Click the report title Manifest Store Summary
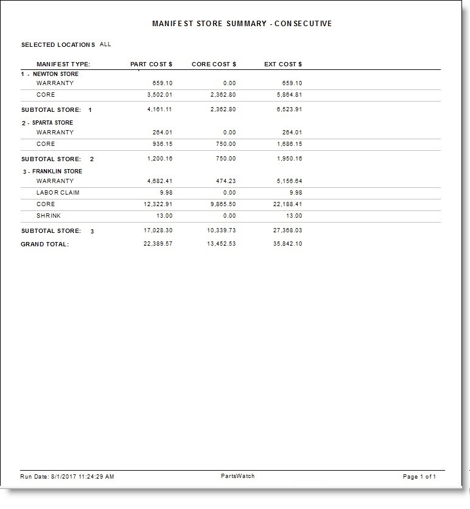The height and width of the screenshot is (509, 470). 242,24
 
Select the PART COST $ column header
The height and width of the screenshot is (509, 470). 152,64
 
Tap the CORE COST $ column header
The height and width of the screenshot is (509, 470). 214,64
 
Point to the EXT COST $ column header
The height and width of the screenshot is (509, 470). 283,64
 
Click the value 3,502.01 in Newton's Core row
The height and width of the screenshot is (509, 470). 160,95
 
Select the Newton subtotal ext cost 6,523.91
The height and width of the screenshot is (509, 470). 289,110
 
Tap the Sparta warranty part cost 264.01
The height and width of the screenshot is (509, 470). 163,132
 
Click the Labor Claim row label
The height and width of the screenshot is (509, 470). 58,193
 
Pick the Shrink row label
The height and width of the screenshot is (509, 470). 49,216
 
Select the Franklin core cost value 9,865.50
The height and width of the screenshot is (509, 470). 222,204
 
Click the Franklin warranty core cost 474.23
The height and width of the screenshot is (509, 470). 225,181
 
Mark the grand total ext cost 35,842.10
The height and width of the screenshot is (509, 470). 288,244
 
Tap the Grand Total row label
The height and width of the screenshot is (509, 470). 45,244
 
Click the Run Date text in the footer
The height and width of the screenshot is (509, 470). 67,477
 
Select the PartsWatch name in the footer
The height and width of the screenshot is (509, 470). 237,476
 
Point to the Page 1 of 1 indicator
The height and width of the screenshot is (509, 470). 419,477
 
